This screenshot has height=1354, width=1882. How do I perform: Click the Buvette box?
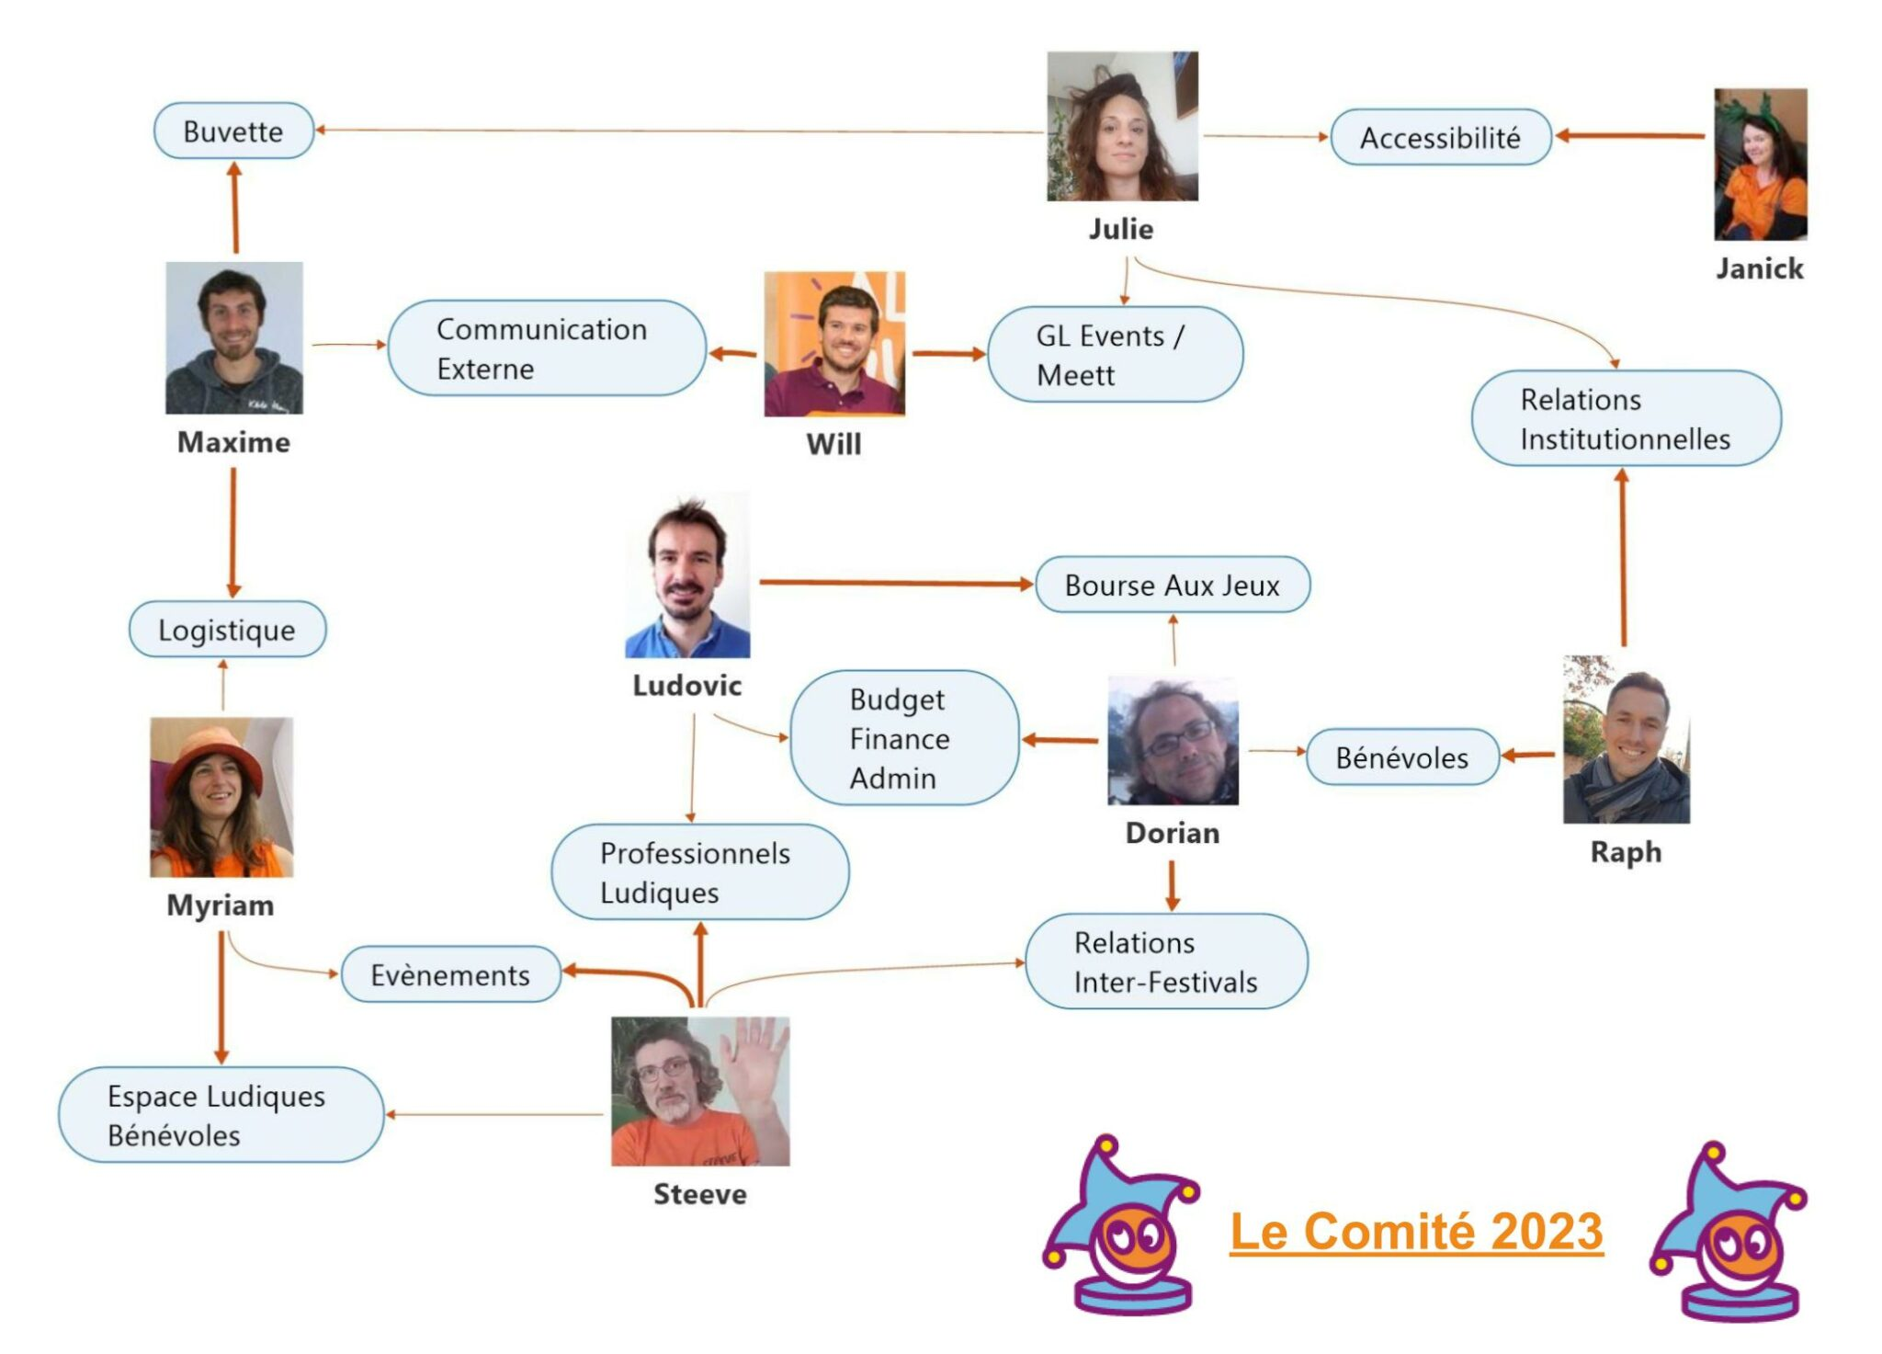tap(233, 131)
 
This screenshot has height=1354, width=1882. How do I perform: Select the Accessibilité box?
tap(1440, 138)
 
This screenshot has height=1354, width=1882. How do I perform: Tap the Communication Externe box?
tap(547, 348)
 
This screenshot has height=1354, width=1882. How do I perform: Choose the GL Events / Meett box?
tap(1115, 355)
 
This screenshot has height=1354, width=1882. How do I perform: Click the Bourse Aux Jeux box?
tap(1172, 586)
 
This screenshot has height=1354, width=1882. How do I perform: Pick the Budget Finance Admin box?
tap(904, 738)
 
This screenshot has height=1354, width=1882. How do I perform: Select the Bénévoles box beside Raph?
tap(1402, 757)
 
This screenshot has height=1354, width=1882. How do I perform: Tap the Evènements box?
tap(450, 974)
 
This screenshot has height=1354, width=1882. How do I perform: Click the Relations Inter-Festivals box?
tap(1165, 961)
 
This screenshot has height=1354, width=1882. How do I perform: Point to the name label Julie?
tap(1121, 229)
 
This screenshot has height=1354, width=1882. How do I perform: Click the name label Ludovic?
tap(686, 685)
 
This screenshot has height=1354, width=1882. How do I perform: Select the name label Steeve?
tap(699, 1194)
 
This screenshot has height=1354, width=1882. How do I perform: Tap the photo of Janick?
tap(1760, 165)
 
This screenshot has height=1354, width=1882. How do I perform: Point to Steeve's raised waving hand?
tap(754, 1057)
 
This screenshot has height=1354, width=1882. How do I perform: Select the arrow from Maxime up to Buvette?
tap(235, 209)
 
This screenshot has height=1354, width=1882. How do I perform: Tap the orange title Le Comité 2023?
tap(1416, 1232)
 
